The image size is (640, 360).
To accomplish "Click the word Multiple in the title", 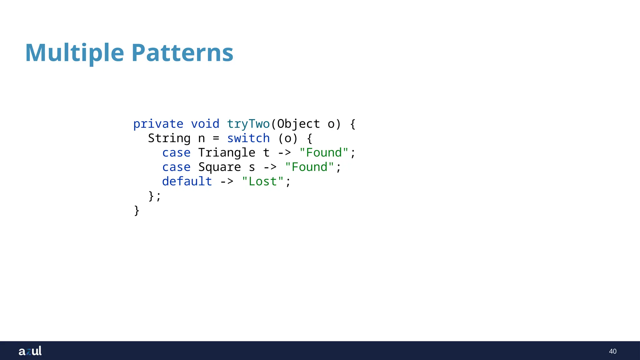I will point(74,53).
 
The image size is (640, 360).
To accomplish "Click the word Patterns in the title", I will point(182,53).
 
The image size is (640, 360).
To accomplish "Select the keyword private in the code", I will point(158,124).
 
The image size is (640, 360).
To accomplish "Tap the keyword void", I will point(205,124).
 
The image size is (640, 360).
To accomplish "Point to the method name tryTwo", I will point(248,124).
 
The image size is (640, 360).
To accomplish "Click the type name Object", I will point(298,124).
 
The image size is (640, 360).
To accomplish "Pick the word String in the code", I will point(169,138).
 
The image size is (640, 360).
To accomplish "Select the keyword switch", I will point(248,138).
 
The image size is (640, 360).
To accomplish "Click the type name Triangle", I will point(227,153).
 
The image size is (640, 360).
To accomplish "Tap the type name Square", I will point(219,167).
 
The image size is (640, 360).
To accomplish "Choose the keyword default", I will point(187,182).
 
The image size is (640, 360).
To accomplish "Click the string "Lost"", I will point(262,182).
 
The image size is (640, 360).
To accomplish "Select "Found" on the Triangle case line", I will point(324,153).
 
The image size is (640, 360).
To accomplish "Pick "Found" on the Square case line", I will point(309,167).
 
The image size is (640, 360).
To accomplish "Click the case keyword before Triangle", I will point(176,153).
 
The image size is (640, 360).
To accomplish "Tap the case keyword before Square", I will point(176,167).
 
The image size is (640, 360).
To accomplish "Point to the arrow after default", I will point(227,182).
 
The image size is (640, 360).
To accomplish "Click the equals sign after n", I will point(216,138).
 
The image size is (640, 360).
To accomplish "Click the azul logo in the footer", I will point(30,351).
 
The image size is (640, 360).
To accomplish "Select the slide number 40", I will point(612,351).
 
